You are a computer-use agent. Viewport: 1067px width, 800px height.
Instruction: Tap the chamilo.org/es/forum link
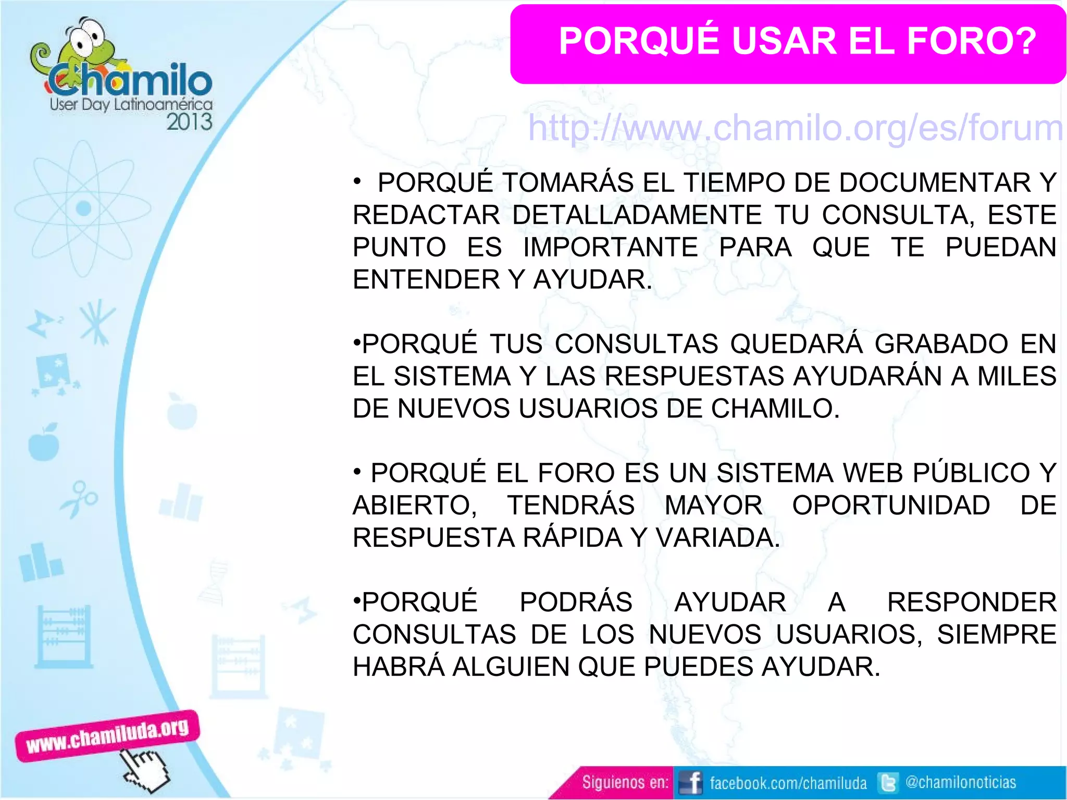795,128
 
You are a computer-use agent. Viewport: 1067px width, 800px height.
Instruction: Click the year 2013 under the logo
189,122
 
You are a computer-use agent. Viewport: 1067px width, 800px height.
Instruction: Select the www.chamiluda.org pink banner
107,735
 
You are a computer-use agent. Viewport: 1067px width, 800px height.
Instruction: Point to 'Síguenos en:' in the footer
625,782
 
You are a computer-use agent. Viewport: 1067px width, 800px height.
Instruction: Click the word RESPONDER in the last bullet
971,602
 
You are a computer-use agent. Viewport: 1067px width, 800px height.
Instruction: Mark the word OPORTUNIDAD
891,506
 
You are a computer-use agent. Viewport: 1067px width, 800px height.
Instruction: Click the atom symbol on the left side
83,208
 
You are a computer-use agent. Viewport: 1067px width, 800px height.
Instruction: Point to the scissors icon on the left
79,499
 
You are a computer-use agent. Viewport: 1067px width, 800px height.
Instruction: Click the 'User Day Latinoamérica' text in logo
131,104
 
